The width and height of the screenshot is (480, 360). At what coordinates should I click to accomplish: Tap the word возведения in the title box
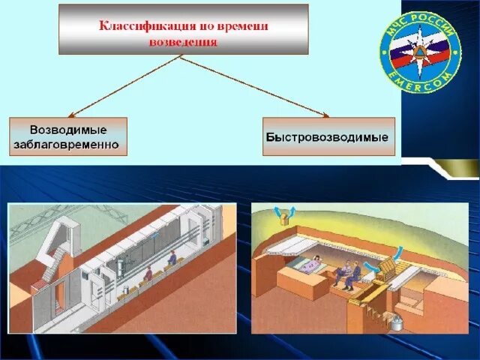pos(184,42)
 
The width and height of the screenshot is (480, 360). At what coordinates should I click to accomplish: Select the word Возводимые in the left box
pos(67,130)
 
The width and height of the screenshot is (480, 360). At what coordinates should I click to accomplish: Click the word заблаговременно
pos(67,145)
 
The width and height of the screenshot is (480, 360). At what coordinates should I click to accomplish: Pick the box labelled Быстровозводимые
pos(328,137)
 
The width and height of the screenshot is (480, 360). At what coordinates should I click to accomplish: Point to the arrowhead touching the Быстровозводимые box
pos(325,115)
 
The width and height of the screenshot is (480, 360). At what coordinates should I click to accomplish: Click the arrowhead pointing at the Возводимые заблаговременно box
pos(73,115)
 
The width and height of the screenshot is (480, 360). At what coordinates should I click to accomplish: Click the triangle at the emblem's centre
pos(421,48)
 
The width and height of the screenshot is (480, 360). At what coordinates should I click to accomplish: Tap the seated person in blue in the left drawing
pos(172,259)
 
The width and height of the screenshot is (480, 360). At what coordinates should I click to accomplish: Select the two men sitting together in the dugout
pos(349,274)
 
